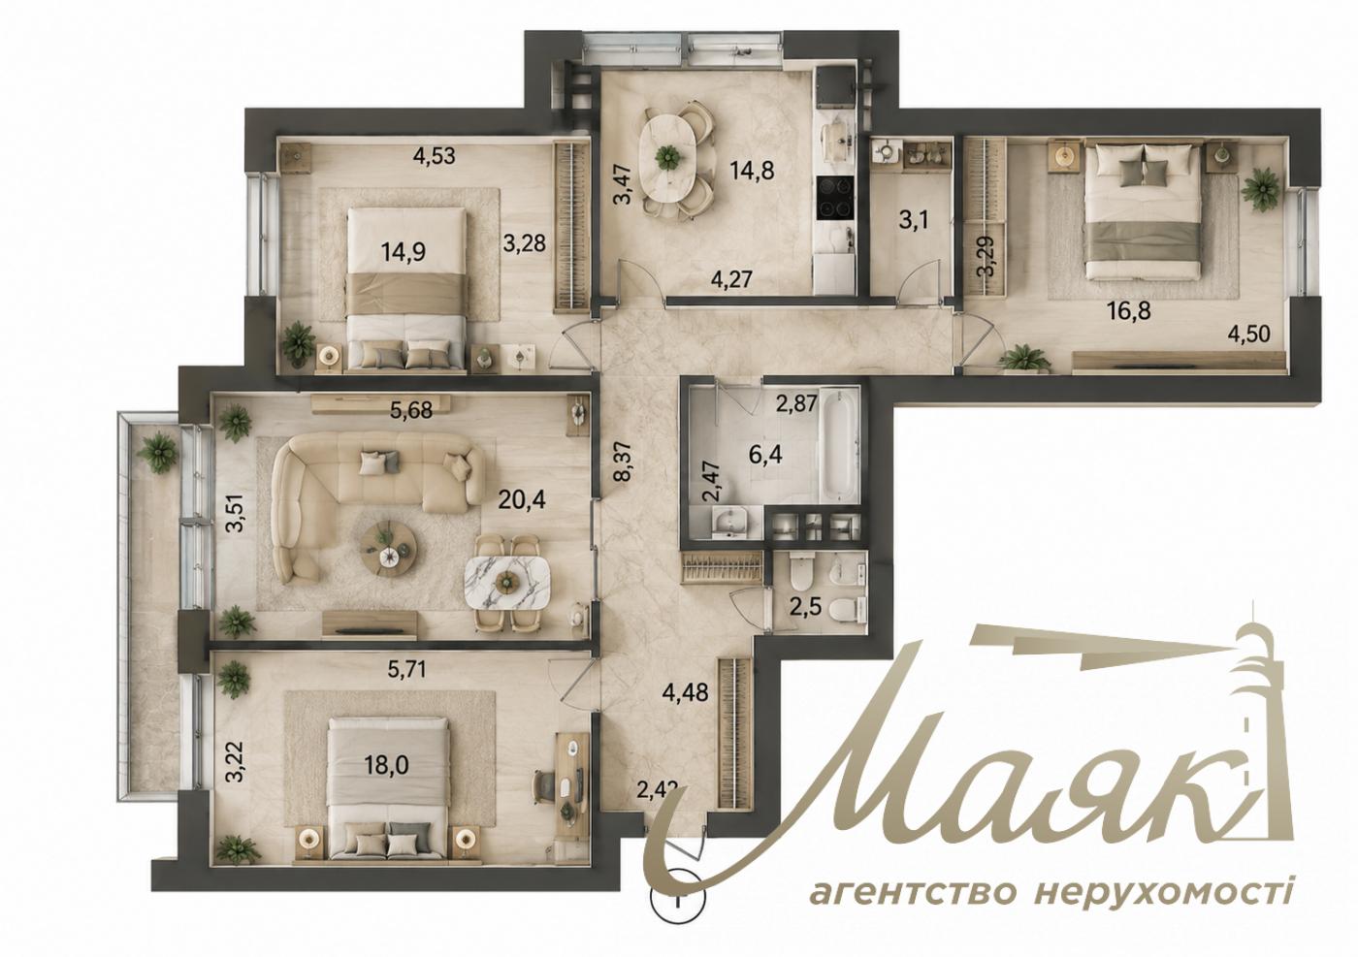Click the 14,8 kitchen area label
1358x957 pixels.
(753, 171)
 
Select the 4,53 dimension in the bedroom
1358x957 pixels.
(434, 156)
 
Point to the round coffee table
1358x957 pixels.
(388, 544)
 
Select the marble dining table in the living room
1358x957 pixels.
(506, 583)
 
